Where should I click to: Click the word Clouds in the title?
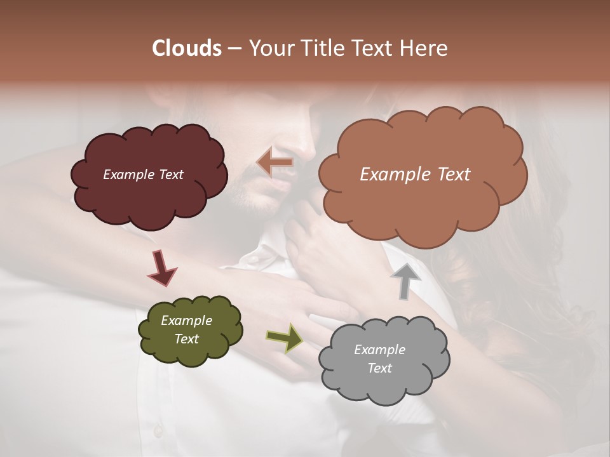coord(187,48)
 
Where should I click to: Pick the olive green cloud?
coord(190,330)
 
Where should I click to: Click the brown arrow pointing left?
coord(275,162)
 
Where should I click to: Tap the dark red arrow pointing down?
coord(161,268)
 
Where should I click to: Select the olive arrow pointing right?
coord(285,338)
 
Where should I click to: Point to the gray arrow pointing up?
coord(405,280)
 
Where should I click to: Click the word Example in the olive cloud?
coord(186,321)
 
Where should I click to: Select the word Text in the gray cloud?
coord(379,368)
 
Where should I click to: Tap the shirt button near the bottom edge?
coord(158,432)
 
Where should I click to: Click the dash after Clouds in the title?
coord(234,49)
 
